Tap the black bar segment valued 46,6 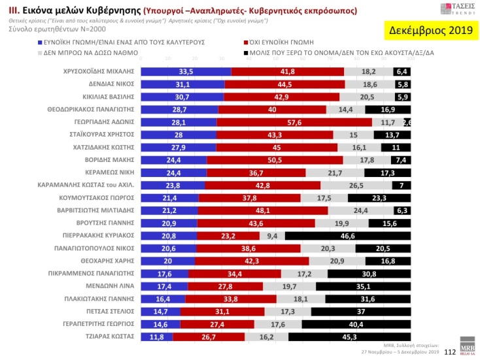(348, 235)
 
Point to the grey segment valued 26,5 (356, 186)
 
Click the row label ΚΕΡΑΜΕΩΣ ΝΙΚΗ (107, 173)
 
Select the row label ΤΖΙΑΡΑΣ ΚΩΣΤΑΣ (109, 337)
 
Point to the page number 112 (449, 352)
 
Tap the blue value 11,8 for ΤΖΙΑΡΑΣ (157, 337)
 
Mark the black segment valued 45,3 (349, 337)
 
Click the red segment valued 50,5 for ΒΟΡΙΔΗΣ (275, 159)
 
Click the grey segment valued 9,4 (272, 235)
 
